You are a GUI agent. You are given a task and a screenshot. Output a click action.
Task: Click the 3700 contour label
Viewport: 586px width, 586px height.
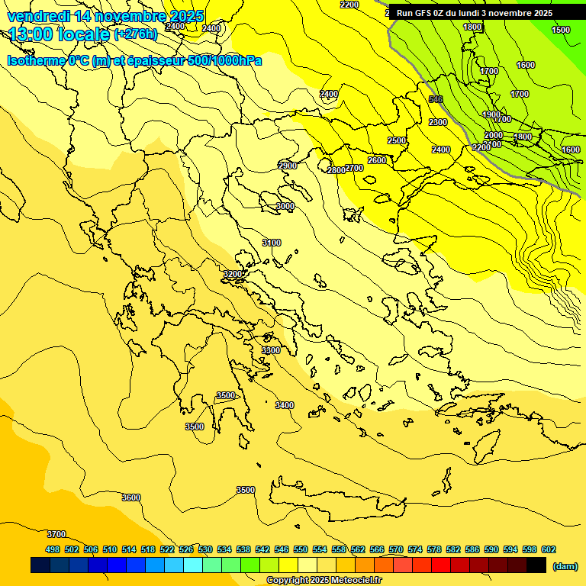coord(56,534)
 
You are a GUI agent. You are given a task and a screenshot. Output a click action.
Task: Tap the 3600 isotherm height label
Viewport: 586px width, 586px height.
coord(131,497)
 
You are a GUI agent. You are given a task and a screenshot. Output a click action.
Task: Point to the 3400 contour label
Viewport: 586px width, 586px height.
coord(285,405)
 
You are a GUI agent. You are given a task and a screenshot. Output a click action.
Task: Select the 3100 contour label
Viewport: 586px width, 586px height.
coord(272,243)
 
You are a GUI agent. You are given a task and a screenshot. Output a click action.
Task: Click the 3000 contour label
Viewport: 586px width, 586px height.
coord(285,206)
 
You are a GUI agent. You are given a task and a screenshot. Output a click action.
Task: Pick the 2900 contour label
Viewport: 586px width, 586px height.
coord(288,166)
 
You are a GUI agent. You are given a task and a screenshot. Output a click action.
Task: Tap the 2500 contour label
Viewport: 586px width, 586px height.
coord(397,140)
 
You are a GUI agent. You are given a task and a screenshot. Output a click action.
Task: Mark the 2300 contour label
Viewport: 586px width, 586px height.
coord(438,122)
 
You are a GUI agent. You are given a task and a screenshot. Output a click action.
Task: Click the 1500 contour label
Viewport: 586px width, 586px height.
coord(561,30)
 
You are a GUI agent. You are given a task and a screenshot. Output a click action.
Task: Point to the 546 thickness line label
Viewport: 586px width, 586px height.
coord(436,99)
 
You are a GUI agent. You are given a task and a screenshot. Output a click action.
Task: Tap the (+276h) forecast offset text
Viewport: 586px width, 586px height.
coord(136,34)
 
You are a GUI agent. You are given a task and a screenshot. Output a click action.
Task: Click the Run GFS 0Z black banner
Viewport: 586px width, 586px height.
coord(474,13)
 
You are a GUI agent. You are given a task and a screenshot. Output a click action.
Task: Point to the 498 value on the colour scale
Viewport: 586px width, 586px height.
coord(53,549)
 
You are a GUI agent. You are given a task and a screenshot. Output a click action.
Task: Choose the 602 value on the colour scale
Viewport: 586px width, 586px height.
coord(549,549)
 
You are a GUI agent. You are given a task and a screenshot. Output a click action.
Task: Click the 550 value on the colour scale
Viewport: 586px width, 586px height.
coord(301,549)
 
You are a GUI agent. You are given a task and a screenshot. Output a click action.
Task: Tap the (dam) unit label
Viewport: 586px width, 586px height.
coord(565,565)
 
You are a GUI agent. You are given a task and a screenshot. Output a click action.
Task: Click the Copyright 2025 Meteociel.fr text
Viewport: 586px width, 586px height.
coord(324,581)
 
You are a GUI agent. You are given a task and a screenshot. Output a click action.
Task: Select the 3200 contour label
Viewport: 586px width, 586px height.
coord(233,274)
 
